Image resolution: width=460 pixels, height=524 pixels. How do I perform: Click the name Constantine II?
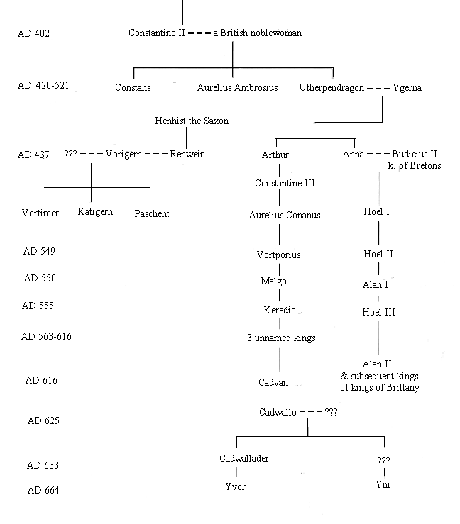click(156, 33)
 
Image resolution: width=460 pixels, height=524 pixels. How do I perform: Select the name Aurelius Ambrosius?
click(237, 88)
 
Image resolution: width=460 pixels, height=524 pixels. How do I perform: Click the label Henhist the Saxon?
click(192, 121)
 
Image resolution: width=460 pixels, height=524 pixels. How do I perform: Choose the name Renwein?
click(187, 155)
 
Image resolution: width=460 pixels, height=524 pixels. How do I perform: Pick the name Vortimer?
click(40, 213)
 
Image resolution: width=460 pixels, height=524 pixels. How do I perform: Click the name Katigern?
click(94, 212)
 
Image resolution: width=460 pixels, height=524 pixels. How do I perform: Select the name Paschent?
click(152, 213)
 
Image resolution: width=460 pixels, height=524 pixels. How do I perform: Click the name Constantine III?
click(285, 183)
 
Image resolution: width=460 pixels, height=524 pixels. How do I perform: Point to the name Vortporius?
click(279, 255)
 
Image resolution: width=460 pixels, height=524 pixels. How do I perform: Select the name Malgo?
click(273, 281)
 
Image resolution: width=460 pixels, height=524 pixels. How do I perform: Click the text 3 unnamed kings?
click(281, 338)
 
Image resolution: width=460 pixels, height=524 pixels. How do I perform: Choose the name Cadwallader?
click(244, 458)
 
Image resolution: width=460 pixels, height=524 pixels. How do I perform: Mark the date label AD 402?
click(33, 33)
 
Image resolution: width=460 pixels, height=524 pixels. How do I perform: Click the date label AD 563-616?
click(46, 336)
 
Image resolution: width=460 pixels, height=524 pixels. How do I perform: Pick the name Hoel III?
click(378, 312)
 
